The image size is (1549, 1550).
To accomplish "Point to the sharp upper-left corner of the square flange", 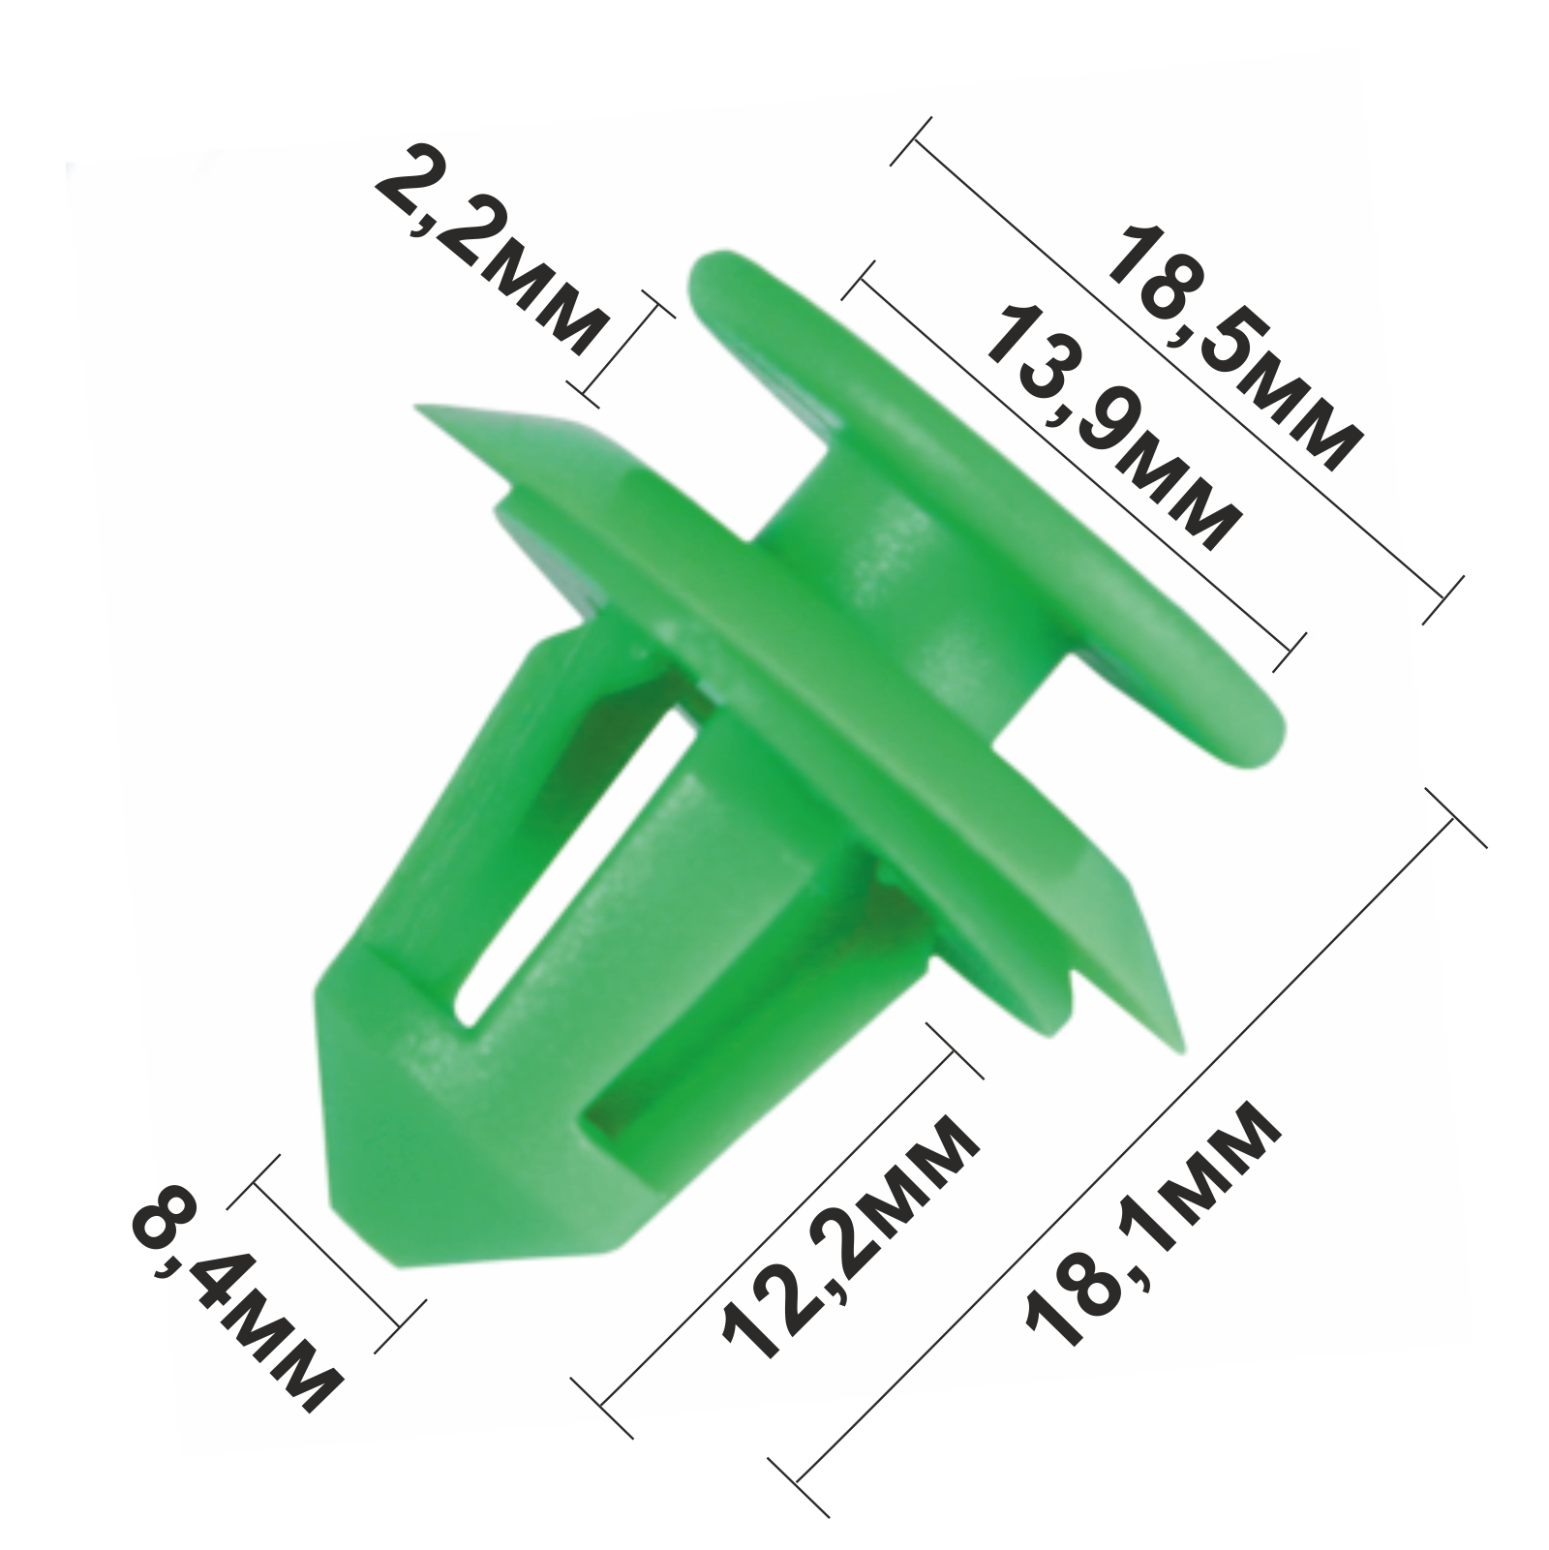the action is [x=416, y=408].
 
